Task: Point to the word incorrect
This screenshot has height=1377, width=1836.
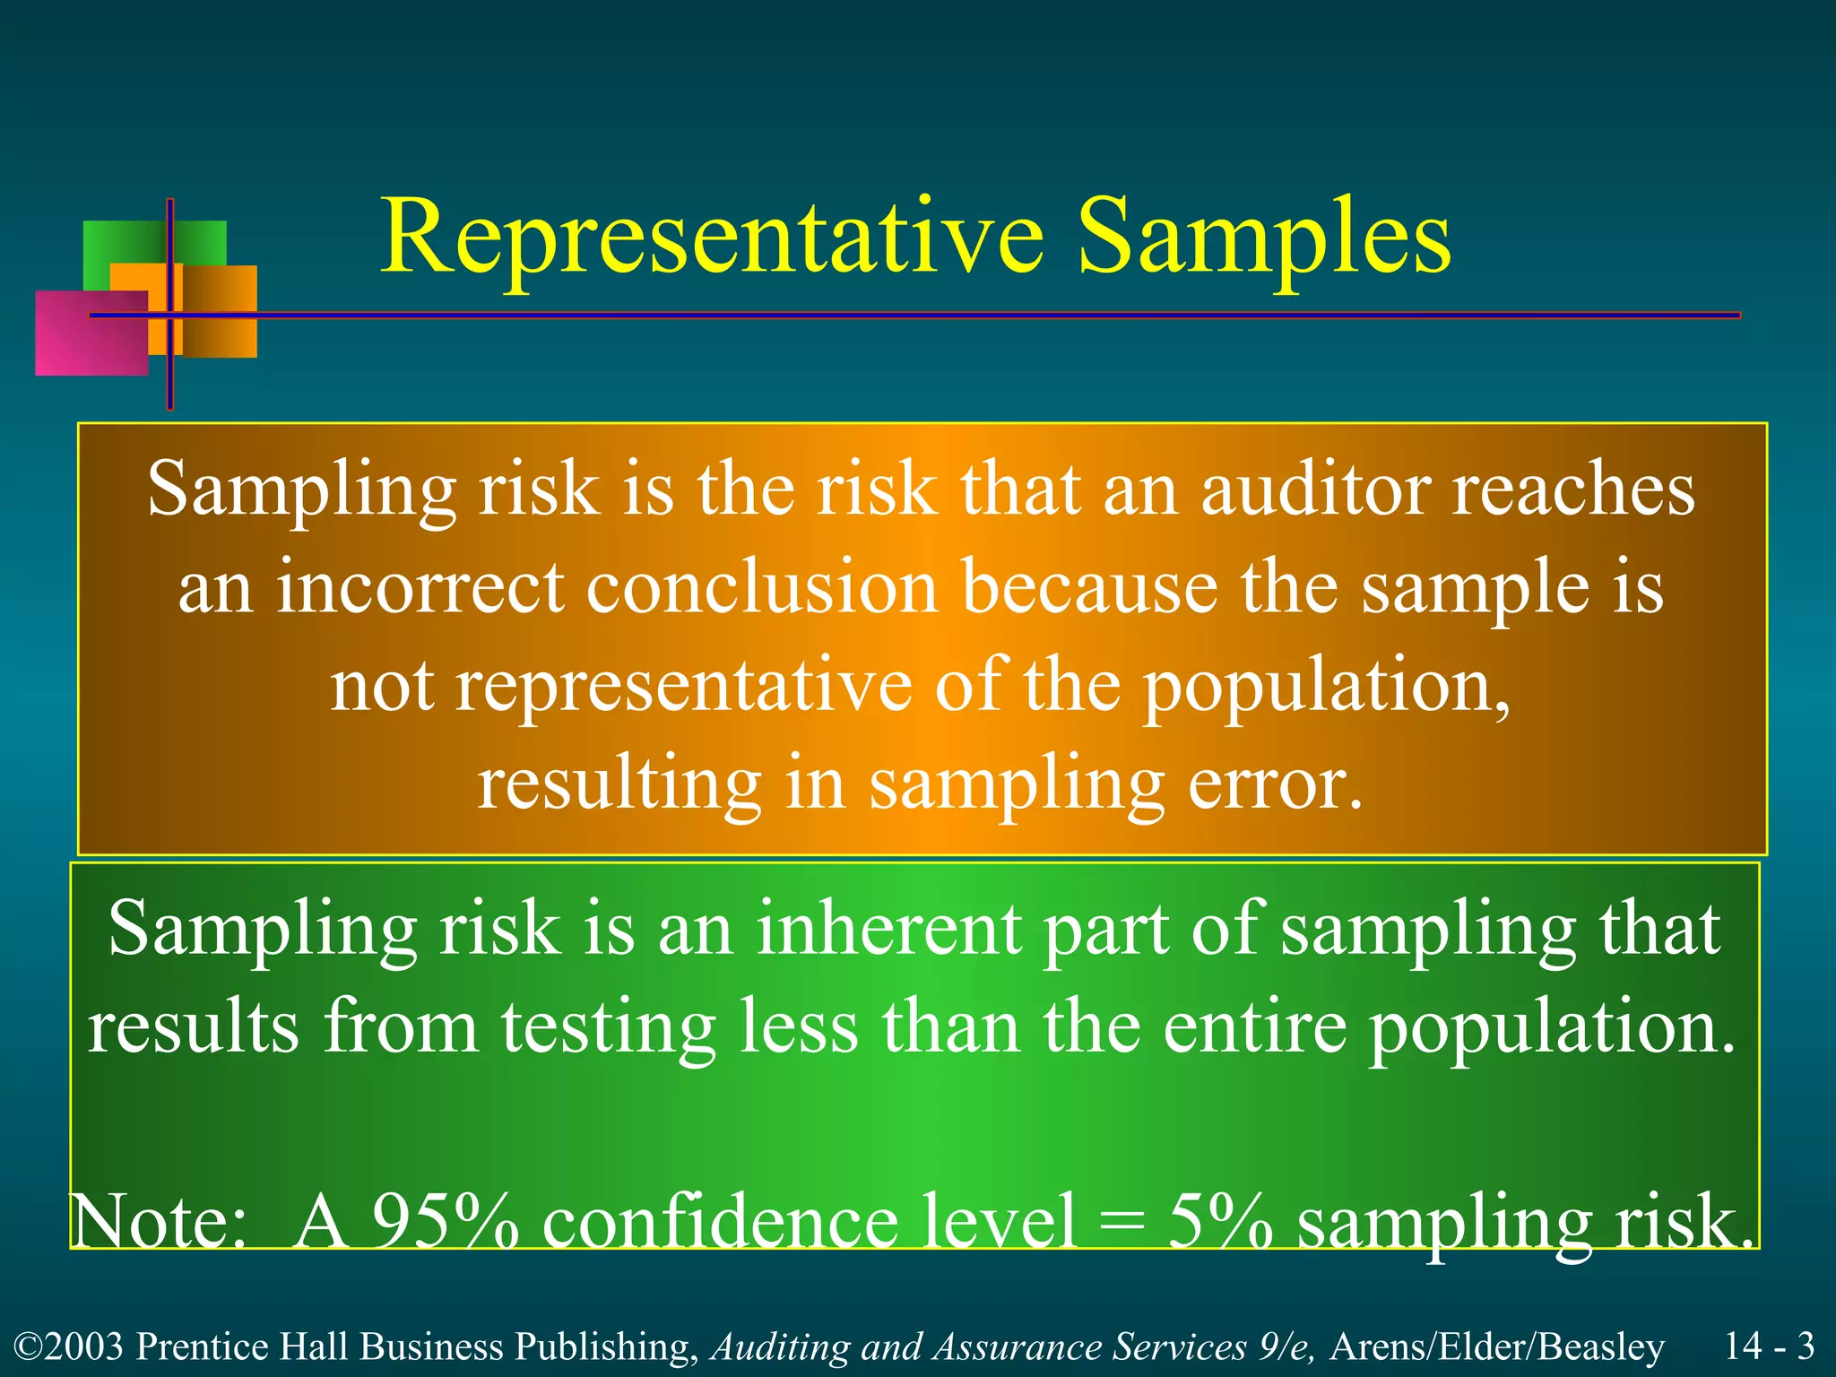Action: [420, 588]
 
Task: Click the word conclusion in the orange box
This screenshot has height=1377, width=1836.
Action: [762, 588]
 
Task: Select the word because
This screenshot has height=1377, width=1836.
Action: [1089, 588]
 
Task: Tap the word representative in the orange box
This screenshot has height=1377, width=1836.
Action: [683, 687]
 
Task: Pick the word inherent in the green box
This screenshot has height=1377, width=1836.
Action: [888, 929]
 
